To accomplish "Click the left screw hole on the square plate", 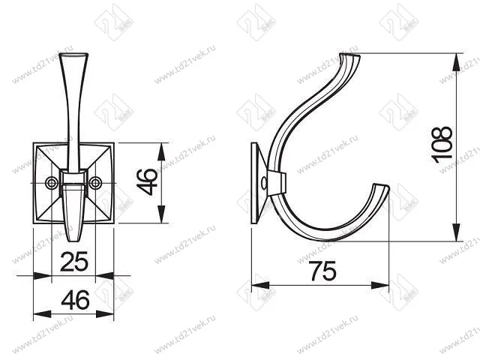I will coord(52,182).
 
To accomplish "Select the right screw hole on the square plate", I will coord(95,182).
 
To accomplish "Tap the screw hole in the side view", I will coord(263,182).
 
